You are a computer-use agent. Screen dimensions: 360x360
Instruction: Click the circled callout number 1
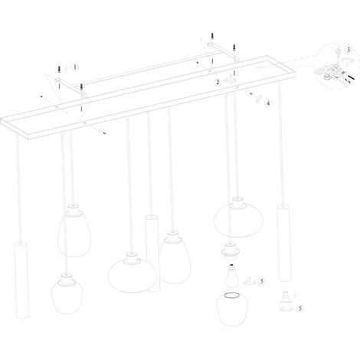pos(75,67)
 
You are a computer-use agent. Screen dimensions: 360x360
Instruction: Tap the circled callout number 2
pos(218,82)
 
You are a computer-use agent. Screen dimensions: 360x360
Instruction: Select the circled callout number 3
pos(349,50)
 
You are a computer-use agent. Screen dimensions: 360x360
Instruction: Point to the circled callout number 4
pos(268,103)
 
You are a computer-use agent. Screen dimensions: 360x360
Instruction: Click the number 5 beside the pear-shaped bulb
pos(261,281)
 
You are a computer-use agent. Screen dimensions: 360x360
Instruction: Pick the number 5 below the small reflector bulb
pos(300,309)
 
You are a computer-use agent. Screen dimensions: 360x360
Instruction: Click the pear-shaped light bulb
pos(232,276)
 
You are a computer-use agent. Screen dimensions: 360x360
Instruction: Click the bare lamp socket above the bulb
pos(230,251)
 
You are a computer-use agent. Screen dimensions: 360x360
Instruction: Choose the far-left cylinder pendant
pos(21,280)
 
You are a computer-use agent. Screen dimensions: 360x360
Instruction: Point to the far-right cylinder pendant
pos(283,243)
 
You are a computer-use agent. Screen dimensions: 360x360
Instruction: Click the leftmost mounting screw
pos(59,70)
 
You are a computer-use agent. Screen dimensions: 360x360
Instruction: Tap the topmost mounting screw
pos(212,37)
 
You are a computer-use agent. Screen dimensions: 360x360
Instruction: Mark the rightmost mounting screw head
pos(234,47)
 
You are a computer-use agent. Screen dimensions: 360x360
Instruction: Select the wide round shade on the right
pos(234,217)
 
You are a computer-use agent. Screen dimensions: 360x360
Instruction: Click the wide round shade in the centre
pos(133,273)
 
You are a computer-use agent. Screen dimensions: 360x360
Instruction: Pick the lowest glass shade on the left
pos(67,293)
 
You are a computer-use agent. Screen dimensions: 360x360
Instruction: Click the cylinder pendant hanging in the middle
pos(152,254)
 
